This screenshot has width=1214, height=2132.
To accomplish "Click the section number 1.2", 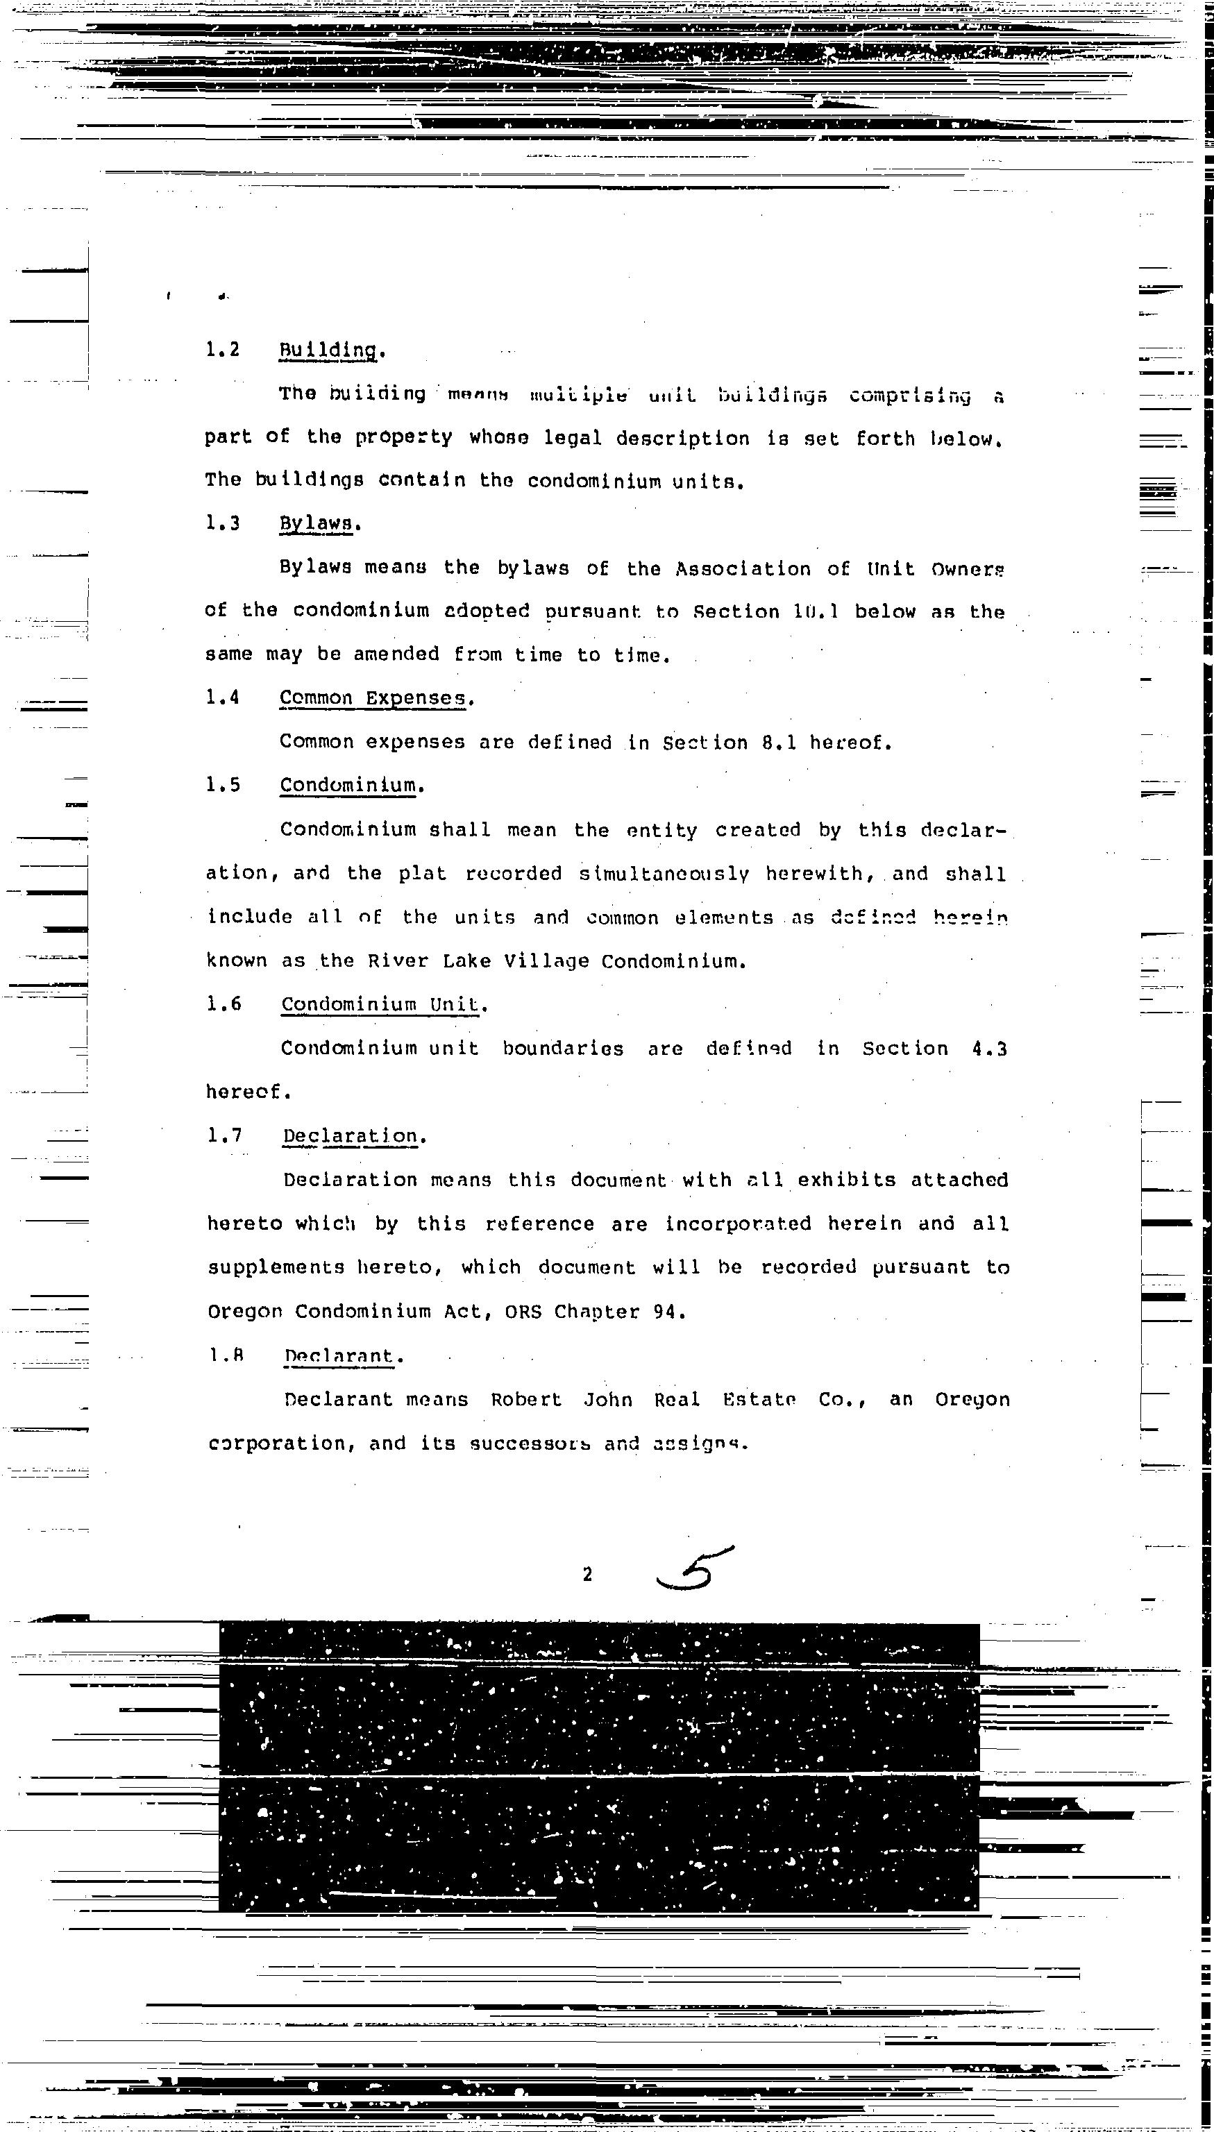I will pos(222,349).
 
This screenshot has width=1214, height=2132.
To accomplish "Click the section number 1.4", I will pos(223,697).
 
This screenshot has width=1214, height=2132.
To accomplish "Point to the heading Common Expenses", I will pos(373,698).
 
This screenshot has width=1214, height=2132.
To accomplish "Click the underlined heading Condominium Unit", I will pos(382,1004).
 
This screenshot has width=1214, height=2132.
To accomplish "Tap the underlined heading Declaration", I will pos(351,1136).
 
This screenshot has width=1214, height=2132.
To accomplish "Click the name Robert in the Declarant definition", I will pos(526,1399).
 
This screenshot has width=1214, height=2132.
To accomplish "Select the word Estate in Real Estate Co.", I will pos(759,1399).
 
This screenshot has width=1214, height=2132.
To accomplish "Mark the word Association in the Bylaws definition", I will pos(742,569).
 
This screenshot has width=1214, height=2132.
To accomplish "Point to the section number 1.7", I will pos(224,1135).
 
